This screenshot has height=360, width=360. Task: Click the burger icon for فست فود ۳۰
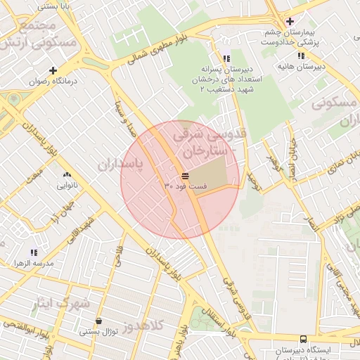point(184,176)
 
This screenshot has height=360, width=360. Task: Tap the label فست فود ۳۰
point(186,186)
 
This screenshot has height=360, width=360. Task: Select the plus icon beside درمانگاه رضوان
point(53,70)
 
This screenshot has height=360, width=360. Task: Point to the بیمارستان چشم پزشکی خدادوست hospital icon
point(289,21)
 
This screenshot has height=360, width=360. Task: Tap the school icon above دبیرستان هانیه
point(302,56)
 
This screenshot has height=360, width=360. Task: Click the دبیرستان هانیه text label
point(301,67)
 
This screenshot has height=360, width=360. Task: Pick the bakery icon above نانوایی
point(67,175)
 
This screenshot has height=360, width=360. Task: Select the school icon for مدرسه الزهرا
point(34,252)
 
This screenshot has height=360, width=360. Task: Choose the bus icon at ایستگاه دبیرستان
point(303,338)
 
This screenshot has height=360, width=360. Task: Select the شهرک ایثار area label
point(60,304)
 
